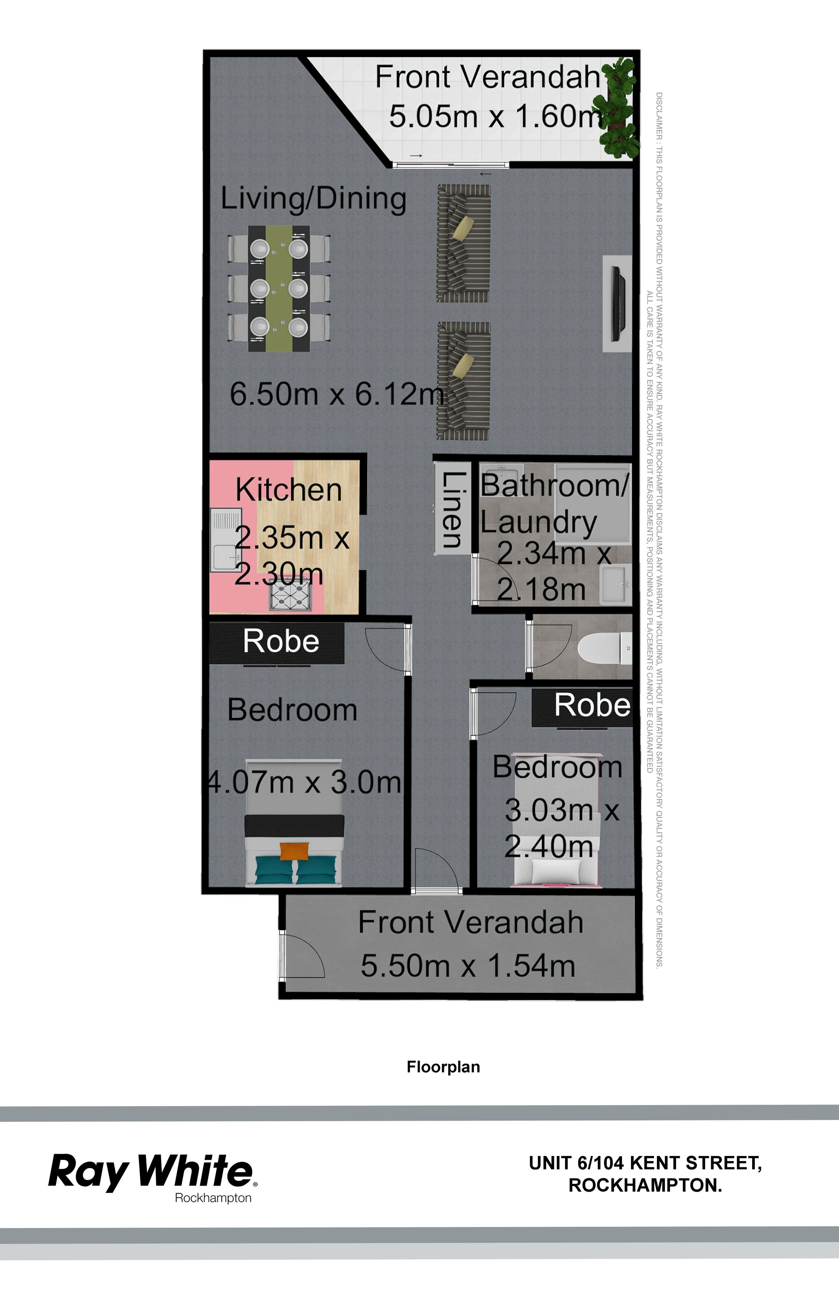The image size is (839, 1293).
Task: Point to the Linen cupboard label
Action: [452, 509]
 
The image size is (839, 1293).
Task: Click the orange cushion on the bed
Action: [295, 851]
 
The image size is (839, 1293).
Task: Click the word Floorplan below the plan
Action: [443, 1067]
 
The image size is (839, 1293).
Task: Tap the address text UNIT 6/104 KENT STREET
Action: [645, 1163]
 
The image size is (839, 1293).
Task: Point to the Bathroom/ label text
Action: [554, 485]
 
